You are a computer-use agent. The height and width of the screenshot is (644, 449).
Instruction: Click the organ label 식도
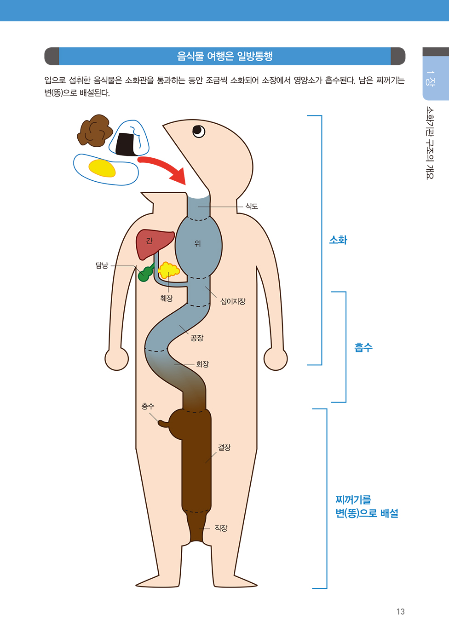tap(252, 206)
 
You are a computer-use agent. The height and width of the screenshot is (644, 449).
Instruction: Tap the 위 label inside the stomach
tap(197, 243)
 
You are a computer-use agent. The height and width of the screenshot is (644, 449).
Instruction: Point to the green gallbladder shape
tap(145, 273)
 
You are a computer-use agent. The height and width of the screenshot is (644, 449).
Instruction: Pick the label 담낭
tap(102, 265)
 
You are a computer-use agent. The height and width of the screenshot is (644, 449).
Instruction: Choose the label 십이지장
tap(233, 301)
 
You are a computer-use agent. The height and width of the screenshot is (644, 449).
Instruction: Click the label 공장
tap(197, 338)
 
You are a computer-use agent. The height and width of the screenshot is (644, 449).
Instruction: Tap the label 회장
tap(202, 364)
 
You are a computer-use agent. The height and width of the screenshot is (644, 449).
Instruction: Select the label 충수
tap(148, 406)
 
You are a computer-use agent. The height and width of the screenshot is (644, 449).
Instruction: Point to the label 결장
tap(224, 447)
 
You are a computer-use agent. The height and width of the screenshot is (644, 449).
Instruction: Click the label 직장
tap(221, 528)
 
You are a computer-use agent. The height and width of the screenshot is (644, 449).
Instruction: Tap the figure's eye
tap(199, 131)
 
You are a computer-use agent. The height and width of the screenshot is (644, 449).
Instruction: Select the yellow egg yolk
tap(102, 168)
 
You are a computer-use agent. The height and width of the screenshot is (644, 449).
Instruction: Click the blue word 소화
tap(338, 240)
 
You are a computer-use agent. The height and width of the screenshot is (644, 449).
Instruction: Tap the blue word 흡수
tap(363, 347)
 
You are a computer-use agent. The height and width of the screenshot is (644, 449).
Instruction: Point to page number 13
tap(400, 611)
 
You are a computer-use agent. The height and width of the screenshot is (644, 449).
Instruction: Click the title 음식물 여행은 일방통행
tap(224, 56)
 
